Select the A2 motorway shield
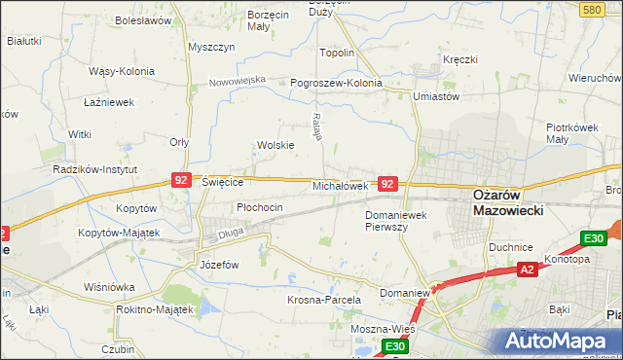(x=527, y=270)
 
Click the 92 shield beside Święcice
(x=180, y=180)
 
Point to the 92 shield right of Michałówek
(x=387, y=183)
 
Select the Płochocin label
(x=260, y=207)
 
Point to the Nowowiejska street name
(x=238, y=81)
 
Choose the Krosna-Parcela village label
(x=324, y=301)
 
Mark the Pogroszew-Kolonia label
(x=337, y=84)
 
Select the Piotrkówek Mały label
(x=570, y=133)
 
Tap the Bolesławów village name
(x=143, y=19)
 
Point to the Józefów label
(x=219, y=265)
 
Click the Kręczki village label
(x=459, y=59)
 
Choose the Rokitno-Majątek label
(x=154, y=308)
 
